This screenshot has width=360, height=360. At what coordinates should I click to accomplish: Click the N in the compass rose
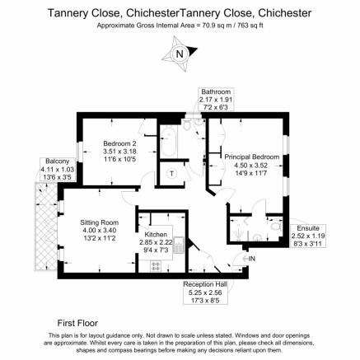coord(180,54)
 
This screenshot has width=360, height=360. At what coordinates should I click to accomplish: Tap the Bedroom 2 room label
coord(119,143)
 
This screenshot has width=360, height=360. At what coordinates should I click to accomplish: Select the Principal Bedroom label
coord(252,157)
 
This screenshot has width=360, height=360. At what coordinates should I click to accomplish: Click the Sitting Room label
coord(100,222)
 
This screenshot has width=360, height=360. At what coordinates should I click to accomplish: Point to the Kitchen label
coord(156,235)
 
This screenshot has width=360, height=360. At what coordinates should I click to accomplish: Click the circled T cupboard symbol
coord(172,174)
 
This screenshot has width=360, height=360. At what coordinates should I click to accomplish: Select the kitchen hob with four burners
coord(156,265)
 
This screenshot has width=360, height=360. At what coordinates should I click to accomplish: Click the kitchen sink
coord(179,245)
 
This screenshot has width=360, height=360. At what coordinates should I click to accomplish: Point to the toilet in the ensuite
coord(275,226)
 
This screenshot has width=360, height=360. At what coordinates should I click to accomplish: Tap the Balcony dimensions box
coord(57,170)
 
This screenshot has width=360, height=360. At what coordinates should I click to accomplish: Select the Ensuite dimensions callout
coord(308,236)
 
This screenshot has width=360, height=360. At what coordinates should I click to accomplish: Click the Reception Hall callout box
coord(205,292)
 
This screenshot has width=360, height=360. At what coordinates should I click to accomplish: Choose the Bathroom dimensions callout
coord(216,100)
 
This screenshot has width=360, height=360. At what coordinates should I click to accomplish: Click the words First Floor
coord(77,323)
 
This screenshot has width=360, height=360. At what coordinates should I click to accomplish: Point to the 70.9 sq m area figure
coord(217,26)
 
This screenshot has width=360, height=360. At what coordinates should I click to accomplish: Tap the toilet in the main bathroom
coord(187,125)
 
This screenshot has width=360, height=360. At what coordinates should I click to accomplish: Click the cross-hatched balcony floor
coord(46,227)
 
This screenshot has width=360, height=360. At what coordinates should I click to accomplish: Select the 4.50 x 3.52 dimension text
coord(250,166)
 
